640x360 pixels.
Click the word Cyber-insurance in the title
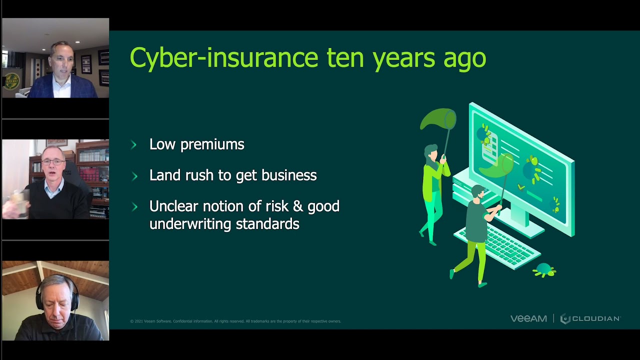pos(223,57)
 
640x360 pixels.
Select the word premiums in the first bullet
pos(212,144)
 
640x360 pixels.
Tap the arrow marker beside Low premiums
pos(133,145)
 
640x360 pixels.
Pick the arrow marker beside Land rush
pos(133,176)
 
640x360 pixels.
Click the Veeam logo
pos(528,318)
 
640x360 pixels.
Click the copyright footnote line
pos(235,321)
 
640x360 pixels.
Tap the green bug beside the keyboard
pos(544,270)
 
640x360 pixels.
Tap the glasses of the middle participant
pos(53,162)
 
